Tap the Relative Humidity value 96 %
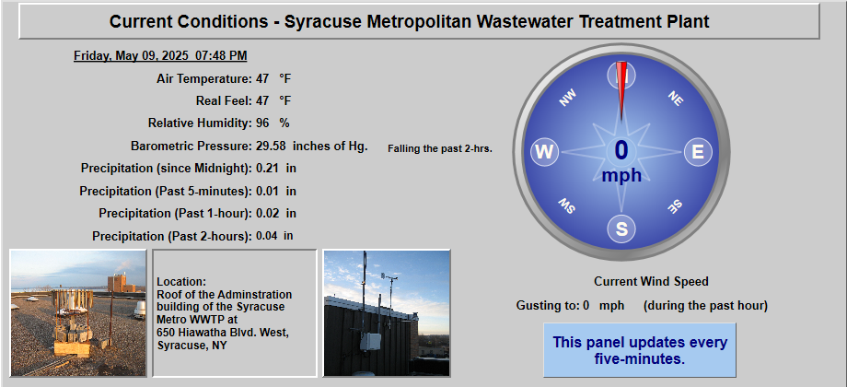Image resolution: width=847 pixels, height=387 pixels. (x=273, y=123)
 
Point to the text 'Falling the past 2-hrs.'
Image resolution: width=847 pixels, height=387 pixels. (x=440, y=148)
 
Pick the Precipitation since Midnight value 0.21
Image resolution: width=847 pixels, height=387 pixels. (x=267, y=168)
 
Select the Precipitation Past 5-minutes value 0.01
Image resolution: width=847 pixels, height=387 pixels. (x=267, y=191)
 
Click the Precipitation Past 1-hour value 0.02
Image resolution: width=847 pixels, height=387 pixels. (x=267, y=214)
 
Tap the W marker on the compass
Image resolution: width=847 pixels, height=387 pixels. (x=544, y=152)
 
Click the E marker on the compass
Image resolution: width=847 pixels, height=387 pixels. (x=698, y=152)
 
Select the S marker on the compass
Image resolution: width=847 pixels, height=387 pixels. (x=621, y=229)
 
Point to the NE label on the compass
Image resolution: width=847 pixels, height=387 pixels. (x=675, y=98)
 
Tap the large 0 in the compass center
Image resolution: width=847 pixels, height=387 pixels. (x=621, y=151)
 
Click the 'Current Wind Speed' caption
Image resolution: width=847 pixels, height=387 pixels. (x=651, y=282)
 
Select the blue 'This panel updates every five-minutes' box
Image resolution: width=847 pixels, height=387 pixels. (x=640, y=350)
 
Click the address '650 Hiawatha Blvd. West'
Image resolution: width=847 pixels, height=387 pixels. (x=223, y=334)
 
